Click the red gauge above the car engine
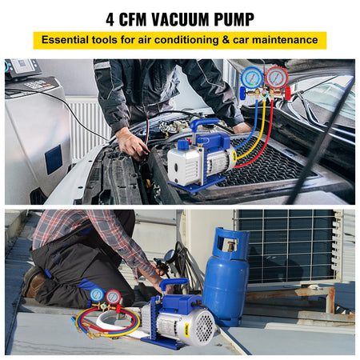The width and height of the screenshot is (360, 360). [276, 78]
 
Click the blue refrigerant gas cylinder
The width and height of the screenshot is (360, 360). [226, 276]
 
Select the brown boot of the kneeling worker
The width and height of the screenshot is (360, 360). [34, 282]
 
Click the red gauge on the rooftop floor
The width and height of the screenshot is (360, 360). [114, 297]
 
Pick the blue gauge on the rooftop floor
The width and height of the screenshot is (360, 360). [97, 295]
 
